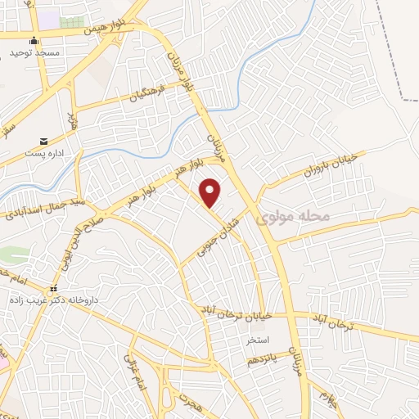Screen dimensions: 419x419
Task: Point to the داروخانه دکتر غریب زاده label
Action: [x=50, y=300]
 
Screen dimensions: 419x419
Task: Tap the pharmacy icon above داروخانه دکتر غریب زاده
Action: [x=52, y=288]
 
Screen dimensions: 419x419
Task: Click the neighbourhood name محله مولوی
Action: [x=292, y=217]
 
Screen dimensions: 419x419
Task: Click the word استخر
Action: [x=281, y=338]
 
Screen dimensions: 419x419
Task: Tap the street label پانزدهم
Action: [x=264, y=358]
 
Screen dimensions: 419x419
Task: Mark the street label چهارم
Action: [x=327, y=400]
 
